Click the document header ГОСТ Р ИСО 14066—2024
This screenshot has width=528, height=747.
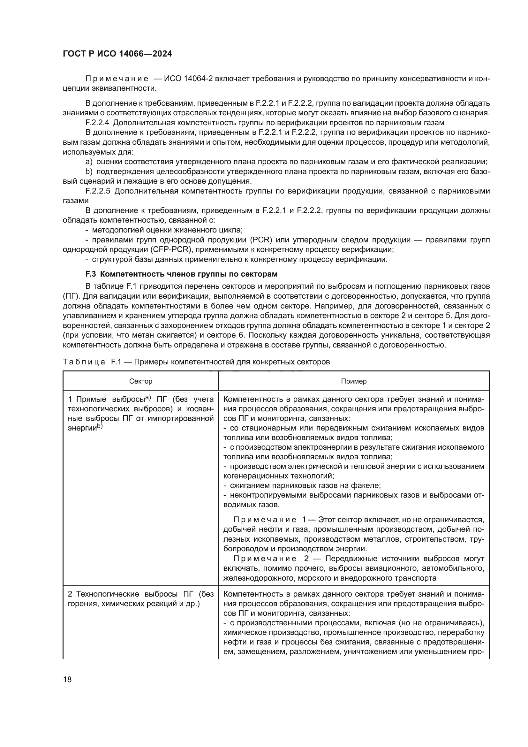click(x=117, y=54)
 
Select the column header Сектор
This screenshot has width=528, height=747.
click(x=140, y=381)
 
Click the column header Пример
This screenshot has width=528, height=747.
click(x=354, y=381)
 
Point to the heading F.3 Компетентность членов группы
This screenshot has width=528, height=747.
click(x=181, y=274)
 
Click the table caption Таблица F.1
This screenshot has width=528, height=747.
click(x=90, y=362)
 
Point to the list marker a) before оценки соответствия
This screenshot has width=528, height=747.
click(x=89, y=162)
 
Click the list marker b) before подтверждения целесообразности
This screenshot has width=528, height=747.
click(x=89, y=172)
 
